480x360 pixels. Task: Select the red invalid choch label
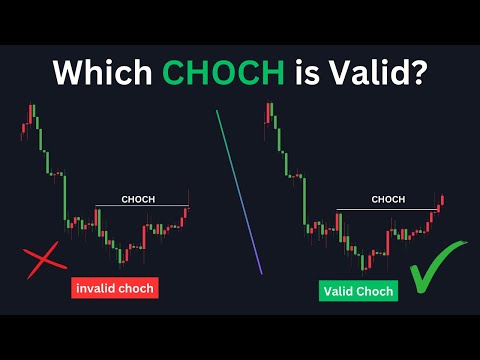pos(114,289)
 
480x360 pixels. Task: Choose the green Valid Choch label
pos(358,291)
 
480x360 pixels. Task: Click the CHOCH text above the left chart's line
pos(139,199)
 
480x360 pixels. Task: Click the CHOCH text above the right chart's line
pos(388,199)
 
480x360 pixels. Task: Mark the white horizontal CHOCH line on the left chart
pos(140,207)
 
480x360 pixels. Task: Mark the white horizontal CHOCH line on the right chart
pos(385,209)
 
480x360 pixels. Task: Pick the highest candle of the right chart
pos(270,112)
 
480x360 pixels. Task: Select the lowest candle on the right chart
pos(366,261)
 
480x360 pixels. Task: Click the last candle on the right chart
pos(442,201)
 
